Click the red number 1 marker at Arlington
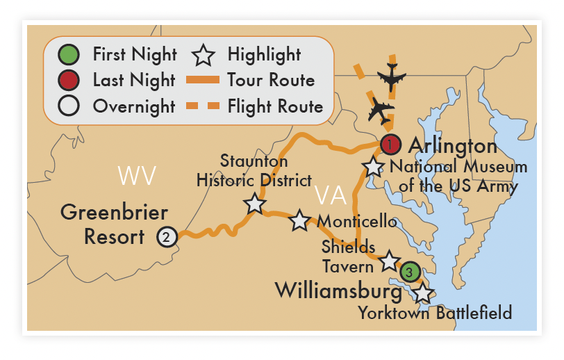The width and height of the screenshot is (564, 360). pyautogui.click(x=390, y=145)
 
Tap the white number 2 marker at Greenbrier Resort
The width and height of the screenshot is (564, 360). pyautogui.click(x=166, y=237)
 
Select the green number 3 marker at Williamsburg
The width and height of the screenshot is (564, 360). pyautogui.click(x=410, y=272)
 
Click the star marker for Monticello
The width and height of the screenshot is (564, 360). pyautogui.click(x=299, y=220)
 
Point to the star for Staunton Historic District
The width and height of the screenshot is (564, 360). pyautogui.click(x=254, y=204)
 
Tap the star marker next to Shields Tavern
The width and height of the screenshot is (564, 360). pyautogui.click(x=388, y=261)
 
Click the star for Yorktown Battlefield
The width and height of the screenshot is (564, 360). pyautogui.click(x=422, y=293)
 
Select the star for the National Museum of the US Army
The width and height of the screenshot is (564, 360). pyautogui.click(x=374, y=167)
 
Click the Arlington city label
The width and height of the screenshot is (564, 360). pyautogui.click(x=452, y=146)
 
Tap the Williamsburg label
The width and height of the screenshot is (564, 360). pyautogui.click(x=338, y=290)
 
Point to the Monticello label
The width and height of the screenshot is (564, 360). pyautogui.click(x=357, y=222)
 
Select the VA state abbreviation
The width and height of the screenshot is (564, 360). pyautogui.click(x=330, y=195)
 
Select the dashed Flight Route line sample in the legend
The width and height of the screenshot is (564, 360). pyautogui.click(x=204, y=106)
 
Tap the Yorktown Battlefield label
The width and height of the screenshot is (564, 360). pyautogui.click(x=435, y=313)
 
